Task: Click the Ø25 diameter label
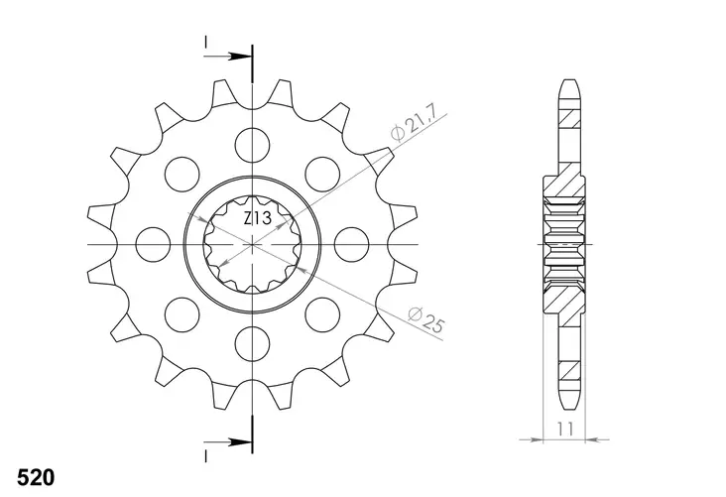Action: point(424,318)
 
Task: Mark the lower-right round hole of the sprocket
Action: point(322,313)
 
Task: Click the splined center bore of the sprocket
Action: point(253,244)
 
